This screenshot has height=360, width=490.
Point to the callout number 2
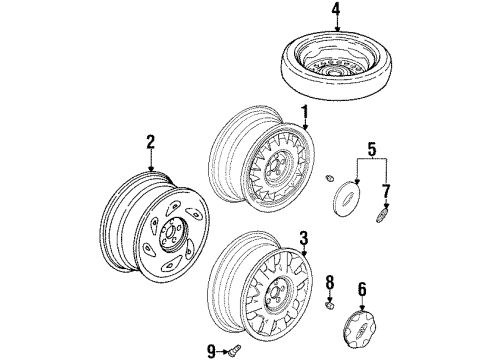click(x=151, y=143)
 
